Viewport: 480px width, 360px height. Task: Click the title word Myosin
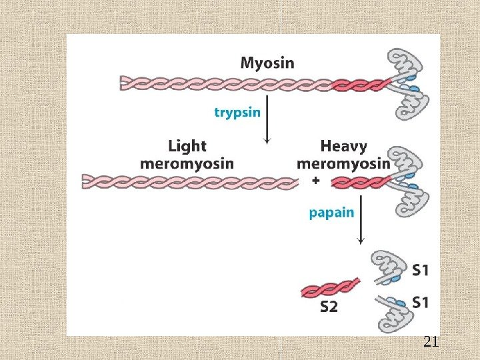point(267,64)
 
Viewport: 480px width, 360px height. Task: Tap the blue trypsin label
point(237,113)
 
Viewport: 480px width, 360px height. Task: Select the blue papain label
point(331,214)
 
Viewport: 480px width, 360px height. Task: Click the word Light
point(187,146)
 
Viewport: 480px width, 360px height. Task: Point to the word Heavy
point(343,146)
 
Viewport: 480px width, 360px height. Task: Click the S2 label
point(329,307)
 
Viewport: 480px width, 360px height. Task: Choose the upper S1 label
point(420,270)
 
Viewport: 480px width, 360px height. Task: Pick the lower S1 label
point(420,302)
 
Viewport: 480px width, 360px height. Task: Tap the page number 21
point(431,343)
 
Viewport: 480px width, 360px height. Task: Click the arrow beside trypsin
point(267,120)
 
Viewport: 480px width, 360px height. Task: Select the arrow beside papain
point(361,220)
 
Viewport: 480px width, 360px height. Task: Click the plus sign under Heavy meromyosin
point(315,180)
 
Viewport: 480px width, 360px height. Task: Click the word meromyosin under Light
point(187,163)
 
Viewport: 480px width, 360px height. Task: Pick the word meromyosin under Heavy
point(343,163)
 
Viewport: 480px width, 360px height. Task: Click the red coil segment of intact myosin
point(361,84)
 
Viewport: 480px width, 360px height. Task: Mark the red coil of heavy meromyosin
point(361,181)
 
